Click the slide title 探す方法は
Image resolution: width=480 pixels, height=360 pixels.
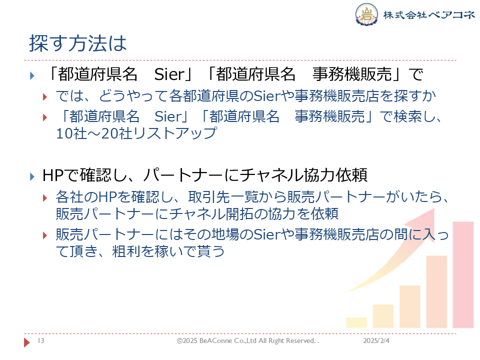coord(78,43)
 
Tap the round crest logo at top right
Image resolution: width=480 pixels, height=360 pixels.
coord(366,14)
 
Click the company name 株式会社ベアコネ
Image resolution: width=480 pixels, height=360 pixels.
coord(429,14)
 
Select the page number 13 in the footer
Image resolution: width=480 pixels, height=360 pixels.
coord(41,340)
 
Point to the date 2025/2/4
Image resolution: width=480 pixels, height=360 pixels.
coord(376,340)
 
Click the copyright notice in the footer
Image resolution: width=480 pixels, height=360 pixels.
coord(247,340)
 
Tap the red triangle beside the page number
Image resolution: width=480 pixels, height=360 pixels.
coord(27,342)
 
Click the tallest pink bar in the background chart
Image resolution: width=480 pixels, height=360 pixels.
coord(463,274)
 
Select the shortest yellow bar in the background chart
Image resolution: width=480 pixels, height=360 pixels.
coord(356,322)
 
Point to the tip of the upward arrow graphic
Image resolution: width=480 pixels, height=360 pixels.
coord(434,208)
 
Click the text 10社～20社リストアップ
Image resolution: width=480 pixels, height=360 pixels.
coord(136,133)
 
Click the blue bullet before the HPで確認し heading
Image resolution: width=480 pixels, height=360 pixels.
coord(32,176)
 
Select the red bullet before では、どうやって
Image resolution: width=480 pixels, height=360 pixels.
coord(45,97)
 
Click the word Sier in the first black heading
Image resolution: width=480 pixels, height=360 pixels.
coord(170,74)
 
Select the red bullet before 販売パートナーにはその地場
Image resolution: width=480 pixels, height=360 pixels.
coord(45,235)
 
